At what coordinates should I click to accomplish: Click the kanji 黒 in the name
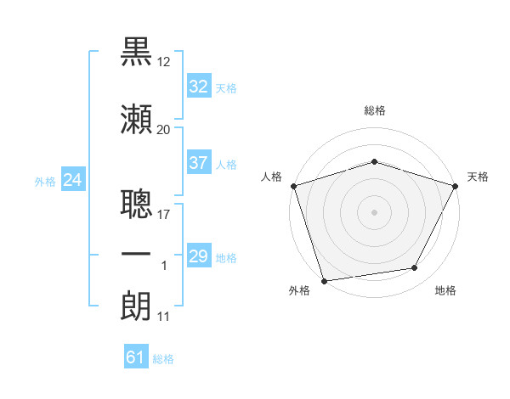coord(136,52)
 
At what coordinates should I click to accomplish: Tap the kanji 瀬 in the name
coord(136,119)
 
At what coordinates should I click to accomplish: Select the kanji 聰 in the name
coord(136,204)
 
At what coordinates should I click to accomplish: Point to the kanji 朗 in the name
coord(136,306)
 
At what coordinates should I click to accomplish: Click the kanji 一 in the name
coord(136,254)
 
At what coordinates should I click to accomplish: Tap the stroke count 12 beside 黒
coord(163,62)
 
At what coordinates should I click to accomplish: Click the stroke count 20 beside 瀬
coord(163,130)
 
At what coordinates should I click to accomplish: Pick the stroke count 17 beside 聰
coord(163,215)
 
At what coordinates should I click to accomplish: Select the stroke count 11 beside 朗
coord(163,317)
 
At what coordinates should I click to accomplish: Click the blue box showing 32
coord(199,86)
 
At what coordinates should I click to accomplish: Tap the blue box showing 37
coord(199,162)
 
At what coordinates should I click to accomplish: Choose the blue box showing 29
coord(199,255)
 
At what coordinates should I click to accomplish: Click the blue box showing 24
coord(73,179)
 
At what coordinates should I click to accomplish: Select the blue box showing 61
coord(136,356)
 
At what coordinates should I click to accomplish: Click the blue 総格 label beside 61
coord(163,359)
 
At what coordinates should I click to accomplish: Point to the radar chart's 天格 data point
coord(455,186)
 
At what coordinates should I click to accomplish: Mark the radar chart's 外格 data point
coord(325,281)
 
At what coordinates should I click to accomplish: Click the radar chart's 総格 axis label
coord(375,110)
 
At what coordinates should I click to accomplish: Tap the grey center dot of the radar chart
coord(374,212)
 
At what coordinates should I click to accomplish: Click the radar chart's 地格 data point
coord(415,267)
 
